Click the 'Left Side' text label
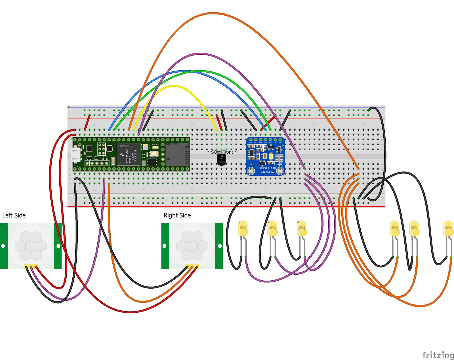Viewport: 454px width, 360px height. tap(14, 215)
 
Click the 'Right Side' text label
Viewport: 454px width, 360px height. tap(177, 215)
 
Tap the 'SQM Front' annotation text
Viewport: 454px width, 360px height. tap(222, 152)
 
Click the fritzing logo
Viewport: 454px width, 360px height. tap(438, 355)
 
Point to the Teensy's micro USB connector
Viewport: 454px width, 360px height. tap(75, 155)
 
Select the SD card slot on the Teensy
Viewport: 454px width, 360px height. tap(177, 154)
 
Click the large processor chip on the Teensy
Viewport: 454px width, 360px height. tap(129, 154)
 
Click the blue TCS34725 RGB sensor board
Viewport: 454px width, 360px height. tap(265, 156)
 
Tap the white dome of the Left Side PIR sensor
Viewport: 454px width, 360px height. tap(31, 245)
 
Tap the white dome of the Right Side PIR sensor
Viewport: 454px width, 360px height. tap(192, 245)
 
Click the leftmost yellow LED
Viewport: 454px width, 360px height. tap(243, 228)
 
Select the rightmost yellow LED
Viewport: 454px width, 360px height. tap(448, 228)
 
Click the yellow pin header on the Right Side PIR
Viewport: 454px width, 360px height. tap(192, 266)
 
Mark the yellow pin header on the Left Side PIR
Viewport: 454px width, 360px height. tap(31, 266)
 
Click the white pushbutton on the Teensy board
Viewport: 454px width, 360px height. tap(154, 154)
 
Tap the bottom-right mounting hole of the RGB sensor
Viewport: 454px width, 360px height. tap(280, 171)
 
